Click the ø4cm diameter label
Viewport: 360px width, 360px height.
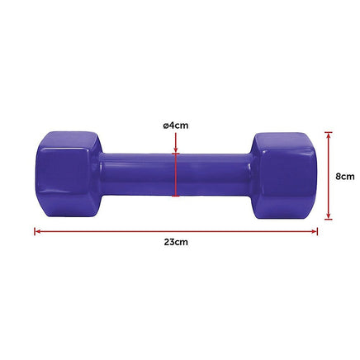point(175,125)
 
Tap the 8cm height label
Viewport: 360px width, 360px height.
point(345,176)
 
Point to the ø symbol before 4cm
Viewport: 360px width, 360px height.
point(165,125)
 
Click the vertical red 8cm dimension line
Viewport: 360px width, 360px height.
point(328,176)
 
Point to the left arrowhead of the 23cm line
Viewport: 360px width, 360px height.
point(36,231)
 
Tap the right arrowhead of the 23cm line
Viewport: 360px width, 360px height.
point(315,231)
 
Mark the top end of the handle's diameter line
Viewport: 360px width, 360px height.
point(175,152)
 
